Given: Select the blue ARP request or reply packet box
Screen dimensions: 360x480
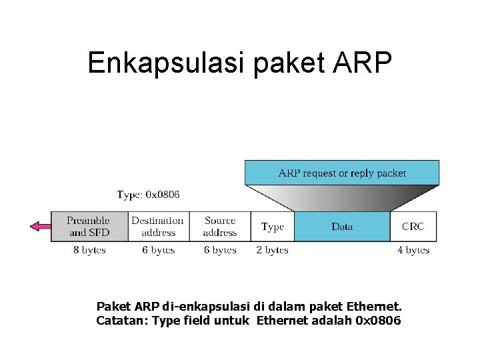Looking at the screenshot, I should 342,173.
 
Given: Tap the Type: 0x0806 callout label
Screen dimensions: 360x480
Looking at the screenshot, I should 148,195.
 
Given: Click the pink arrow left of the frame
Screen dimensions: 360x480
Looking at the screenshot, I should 41,227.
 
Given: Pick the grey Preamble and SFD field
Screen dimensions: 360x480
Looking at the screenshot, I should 88,227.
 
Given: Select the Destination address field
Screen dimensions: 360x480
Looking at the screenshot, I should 158,227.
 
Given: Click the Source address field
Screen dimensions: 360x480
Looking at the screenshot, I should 219,227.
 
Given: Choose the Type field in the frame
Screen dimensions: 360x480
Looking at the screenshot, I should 272,227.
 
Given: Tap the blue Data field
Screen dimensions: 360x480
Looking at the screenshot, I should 342,227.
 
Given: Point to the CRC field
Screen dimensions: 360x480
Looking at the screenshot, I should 413,227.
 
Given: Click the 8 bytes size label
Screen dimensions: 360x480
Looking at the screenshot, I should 89,250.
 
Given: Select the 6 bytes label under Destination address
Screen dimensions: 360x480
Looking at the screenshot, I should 159,250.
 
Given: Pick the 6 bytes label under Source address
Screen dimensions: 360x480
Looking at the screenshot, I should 220,250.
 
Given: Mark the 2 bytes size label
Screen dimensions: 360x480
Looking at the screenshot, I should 272,250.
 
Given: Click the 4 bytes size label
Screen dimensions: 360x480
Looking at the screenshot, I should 413,250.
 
